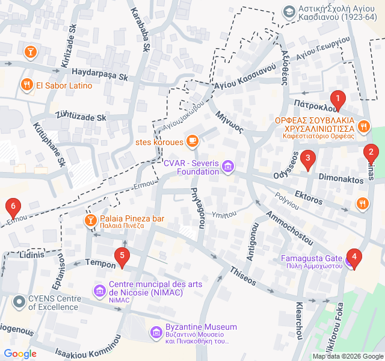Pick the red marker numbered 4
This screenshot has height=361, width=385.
pyautogui.click(x=354, y=259)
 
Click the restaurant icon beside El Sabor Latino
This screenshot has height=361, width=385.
pyautogui.click(x=26, y=85)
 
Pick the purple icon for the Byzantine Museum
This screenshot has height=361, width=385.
pyautogui.click(x=155, y=332)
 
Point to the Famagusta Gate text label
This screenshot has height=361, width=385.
pyautogui.click(x=312, y=259)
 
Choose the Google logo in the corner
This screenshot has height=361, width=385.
pyautogui.click(x=20, y=354)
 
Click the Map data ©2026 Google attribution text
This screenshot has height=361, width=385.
pyautogui.click(x=347, y=356)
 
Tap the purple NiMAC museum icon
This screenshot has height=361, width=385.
pyautogui.click(x=99, y=291)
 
